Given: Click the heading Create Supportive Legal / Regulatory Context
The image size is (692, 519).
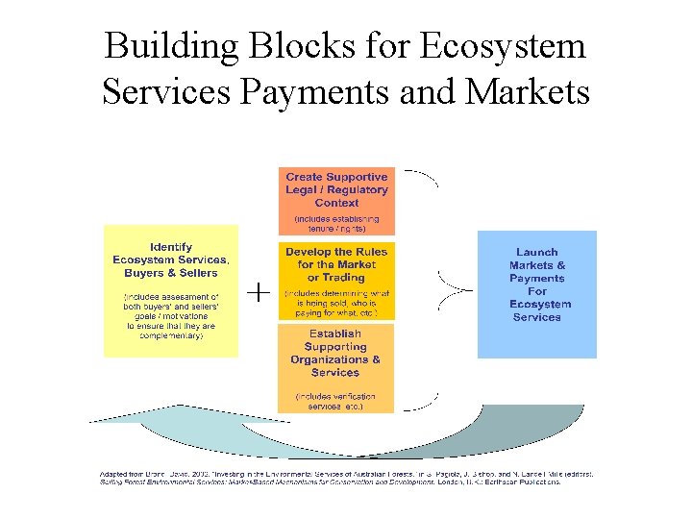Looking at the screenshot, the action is pos(336,190).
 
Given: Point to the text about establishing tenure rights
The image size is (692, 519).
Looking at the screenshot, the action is pos(336,223).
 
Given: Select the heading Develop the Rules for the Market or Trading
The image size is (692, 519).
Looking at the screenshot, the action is pos(336,264).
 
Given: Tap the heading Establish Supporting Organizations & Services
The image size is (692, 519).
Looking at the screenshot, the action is pos(335,353).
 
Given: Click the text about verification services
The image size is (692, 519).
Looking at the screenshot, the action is pos(335,401).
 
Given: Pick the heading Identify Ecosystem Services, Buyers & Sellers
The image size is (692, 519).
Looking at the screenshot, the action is pos(171,259).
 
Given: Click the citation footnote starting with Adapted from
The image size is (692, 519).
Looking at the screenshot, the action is pos(346,477).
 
